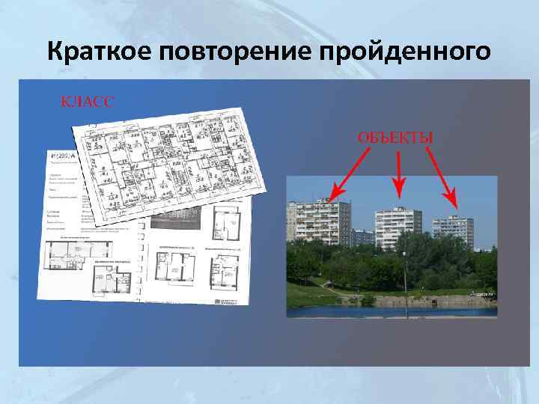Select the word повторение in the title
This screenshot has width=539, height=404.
235,52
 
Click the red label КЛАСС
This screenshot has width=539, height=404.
88,102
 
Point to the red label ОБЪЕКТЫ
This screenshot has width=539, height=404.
395,138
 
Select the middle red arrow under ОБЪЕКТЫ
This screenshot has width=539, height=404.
399,174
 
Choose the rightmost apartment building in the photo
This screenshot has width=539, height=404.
453,232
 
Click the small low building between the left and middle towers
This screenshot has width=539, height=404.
362,237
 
